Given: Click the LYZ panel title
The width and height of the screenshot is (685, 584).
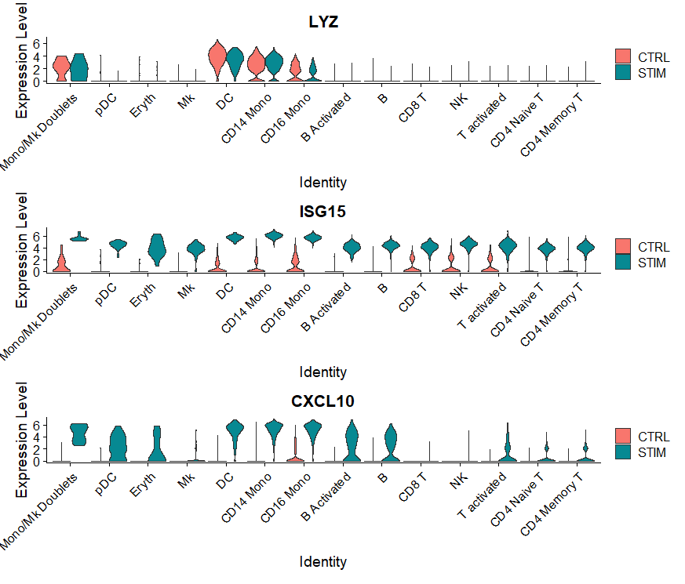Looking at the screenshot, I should (x=323, y=22).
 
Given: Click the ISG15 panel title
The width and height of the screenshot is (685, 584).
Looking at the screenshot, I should (x=323, y=212).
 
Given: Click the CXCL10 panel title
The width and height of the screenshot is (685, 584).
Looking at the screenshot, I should (x=323, y=402).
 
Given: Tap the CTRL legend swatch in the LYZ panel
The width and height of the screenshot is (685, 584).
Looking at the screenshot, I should (x=623, y=56).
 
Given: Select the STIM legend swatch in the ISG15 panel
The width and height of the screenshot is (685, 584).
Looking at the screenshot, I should (x=623, y=262).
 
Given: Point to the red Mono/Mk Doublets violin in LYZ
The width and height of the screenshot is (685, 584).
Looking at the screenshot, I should (x=61, y=69).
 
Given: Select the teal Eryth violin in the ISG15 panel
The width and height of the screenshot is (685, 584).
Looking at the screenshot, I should (x=157, y=248).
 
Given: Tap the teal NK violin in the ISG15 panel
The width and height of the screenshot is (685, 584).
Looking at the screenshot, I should (x=469, y=245).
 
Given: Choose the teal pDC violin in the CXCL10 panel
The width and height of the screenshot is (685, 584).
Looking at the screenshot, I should (x=118, y=444).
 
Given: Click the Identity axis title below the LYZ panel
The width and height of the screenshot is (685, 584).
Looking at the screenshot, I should (x=323, y=182).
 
